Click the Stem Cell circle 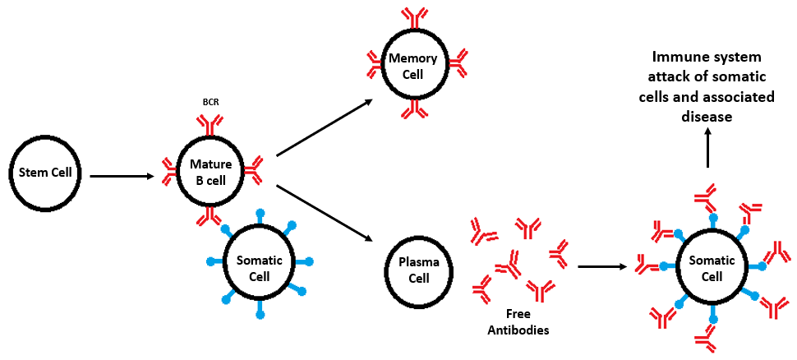tap(45, 173)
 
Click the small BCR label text tap(210, 102)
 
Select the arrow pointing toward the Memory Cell tap(325, 127)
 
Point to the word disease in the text tap(707, 117)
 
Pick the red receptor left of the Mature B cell tap(168, 170)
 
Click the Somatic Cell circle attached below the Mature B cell tap(260, 266)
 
